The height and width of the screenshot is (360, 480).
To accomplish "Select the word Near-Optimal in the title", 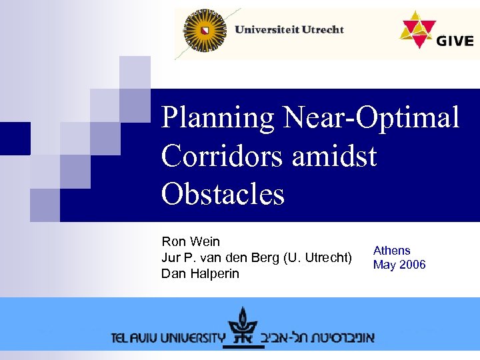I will (371, 119).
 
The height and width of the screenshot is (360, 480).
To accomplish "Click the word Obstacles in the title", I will (223, 194).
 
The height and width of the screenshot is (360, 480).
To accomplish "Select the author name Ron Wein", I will (191, 241).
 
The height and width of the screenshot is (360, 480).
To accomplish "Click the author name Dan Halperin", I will (200, 273).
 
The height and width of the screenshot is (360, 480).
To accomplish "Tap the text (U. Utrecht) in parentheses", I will (318, 257).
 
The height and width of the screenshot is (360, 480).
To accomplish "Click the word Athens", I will (391, 251).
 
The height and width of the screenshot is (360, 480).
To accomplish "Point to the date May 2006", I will (399, 265).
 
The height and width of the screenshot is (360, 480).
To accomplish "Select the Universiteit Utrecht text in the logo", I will (289, 29).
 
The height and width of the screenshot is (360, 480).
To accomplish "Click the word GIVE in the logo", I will (455, 41).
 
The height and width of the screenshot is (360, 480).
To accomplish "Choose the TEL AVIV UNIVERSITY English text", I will (169, 337).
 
